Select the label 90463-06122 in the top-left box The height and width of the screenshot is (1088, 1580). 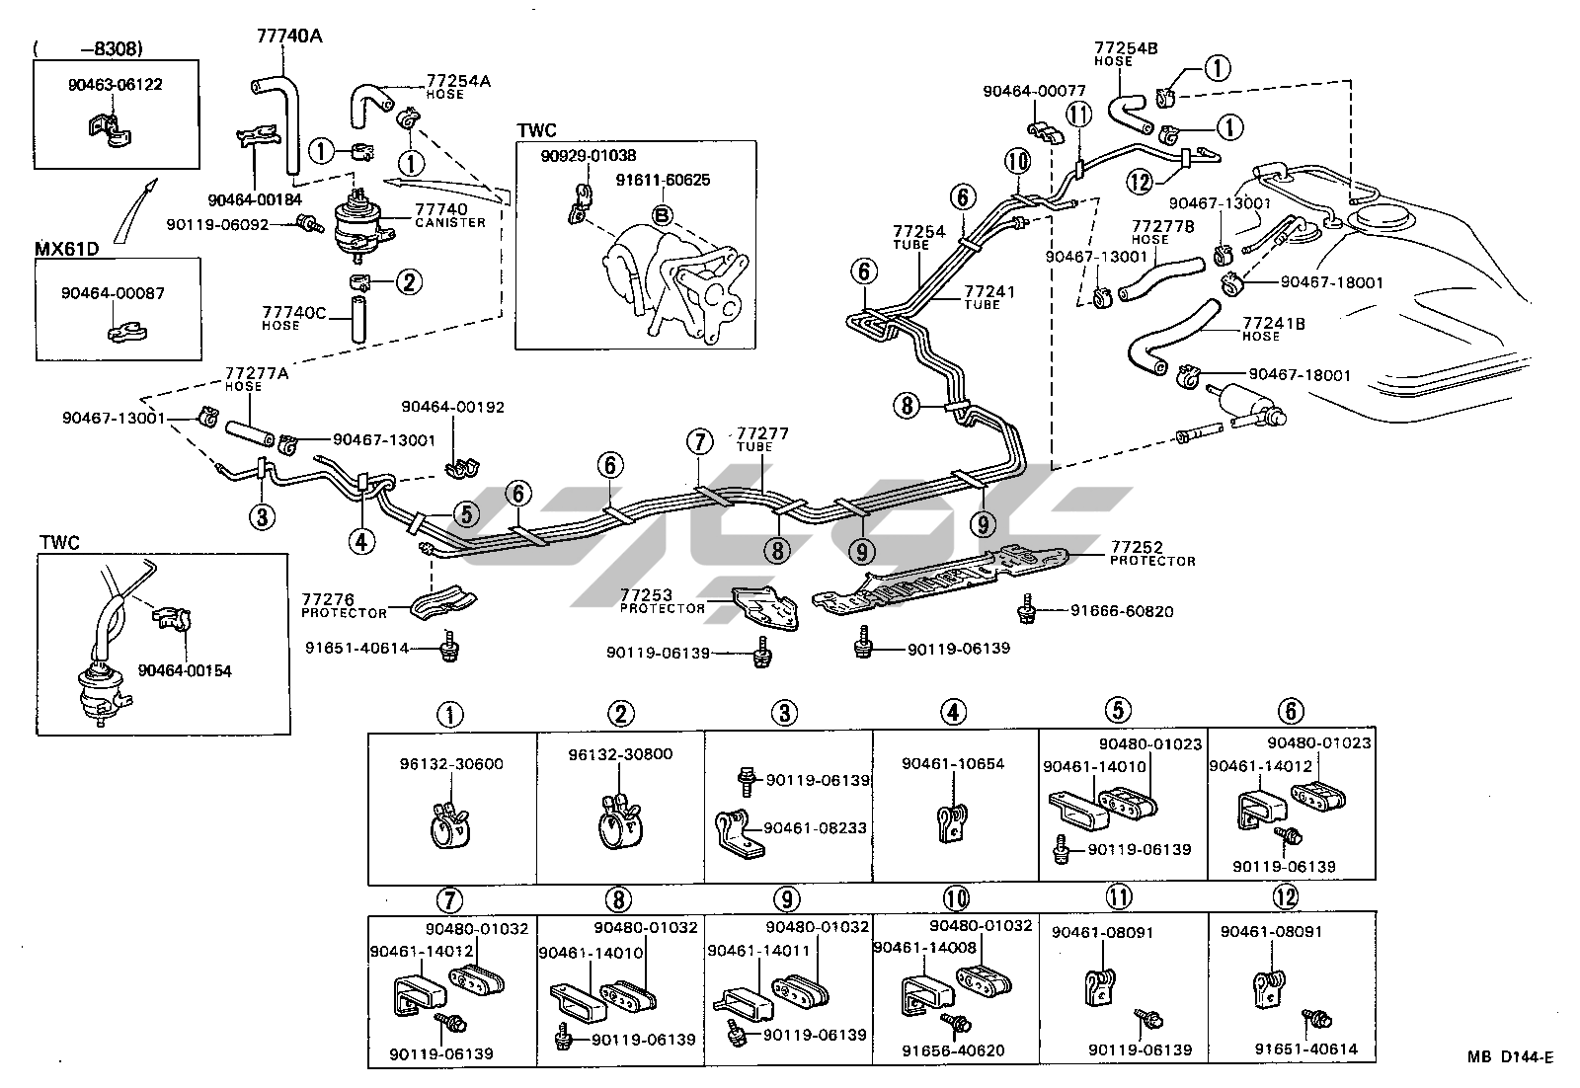(x=116, y=85)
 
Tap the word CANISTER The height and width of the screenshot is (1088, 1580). (x=449, y=222)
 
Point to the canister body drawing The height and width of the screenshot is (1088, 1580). (x=356, y=229)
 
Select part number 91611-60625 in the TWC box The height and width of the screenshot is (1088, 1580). (x=663, y=181)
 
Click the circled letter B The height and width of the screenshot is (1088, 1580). (x=661, y=214)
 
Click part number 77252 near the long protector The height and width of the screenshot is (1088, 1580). (x=1137, y=547)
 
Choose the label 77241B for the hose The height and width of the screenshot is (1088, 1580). (x=1274, y=323)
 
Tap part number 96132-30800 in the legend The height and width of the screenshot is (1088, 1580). (x=620, y=754)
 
